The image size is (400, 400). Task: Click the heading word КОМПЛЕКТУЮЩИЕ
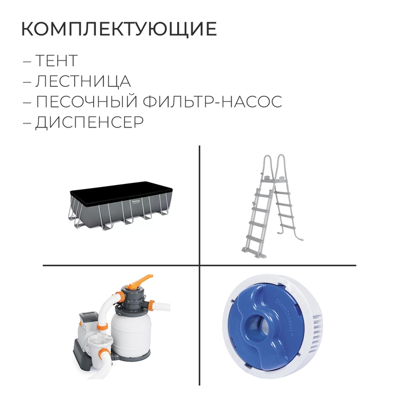(x=119, y=29)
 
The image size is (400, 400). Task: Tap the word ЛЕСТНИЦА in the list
(x=83, y=81)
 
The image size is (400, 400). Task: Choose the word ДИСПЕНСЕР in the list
(x=90, y=122)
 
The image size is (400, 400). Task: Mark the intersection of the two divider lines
(x=199, y=265)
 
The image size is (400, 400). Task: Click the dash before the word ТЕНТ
(x=27, y=61)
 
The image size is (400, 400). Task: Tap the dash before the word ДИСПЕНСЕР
(x=27, y=123)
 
